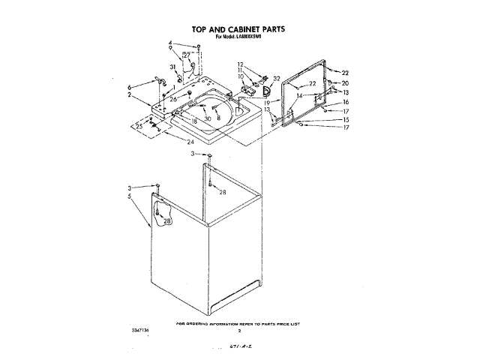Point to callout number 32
pyautogui.click(x=277, y=78)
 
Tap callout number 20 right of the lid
pyautogui.click(x=346, y=82)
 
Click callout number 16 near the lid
pyautogui.click(x=346, y=102)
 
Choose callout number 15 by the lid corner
pyautogui.click(x=346, y=119)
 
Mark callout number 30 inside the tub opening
pyautogui.click(x=208, y=119)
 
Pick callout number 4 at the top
pyautogui.click(x=170, y=43)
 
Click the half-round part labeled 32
pyautogui.click(x=265, y=91)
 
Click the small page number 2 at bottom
pyautogui.click(x=238, y=330)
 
